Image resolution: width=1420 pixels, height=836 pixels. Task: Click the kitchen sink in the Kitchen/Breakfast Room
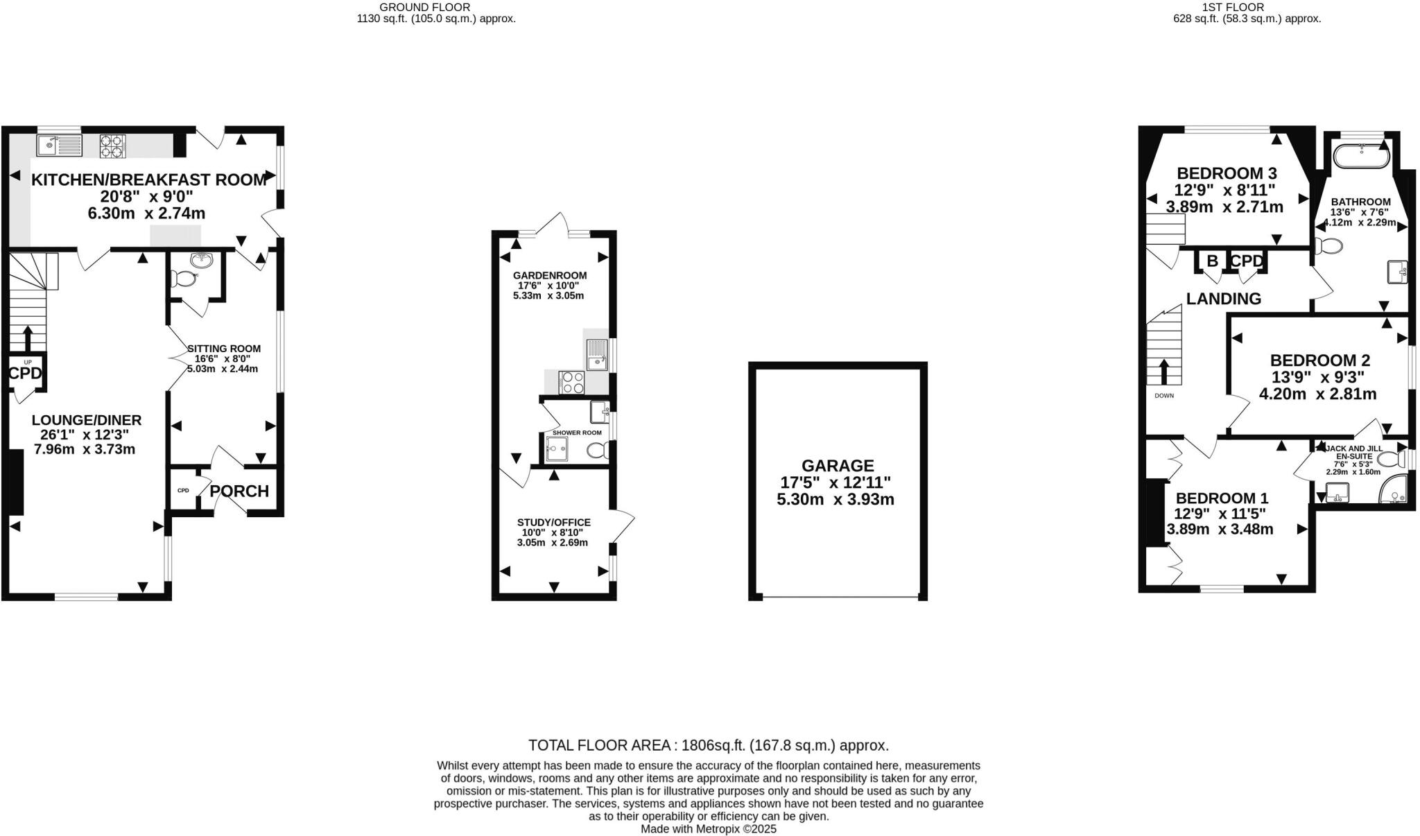tap(60, 146)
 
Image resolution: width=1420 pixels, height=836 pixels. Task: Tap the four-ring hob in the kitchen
tap(113, 147)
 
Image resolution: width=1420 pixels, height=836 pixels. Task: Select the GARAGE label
tap(838, 466)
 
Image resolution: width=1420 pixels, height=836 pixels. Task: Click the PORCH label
tap(239, 491)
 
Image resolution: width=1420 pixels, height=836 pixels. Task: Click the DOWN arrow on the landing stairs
tap(1164, 372)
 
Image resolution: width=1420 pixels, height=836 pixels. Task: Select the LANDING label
tap(1223, 299)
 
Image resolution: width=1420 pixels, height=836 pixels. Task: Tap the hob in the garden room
tap(572, 382)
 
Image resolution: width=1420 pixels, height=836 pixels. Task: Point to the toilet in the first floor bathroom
tap(1326, 245)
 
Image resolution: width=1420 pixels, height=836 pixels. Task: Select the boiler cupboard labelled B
tap(1212, 261)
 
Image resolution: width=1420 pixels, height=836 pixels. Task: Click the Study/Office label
tap(553, 522)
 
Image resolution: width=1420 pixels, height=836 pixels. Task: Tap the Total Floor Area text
tap(708, 745)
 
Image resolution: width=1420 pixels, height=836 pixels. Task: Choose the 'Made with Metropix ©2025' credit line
tap(708, 828)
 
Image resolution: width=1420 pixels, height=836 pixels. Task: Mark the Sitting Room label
tap(224, 349)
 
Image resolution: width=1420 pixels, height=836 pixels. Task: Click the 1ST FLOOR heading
tap(1245, 7)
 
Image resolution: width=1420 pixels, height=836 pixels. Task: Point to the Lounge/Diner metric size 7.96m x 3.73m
tap(84, 449)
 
